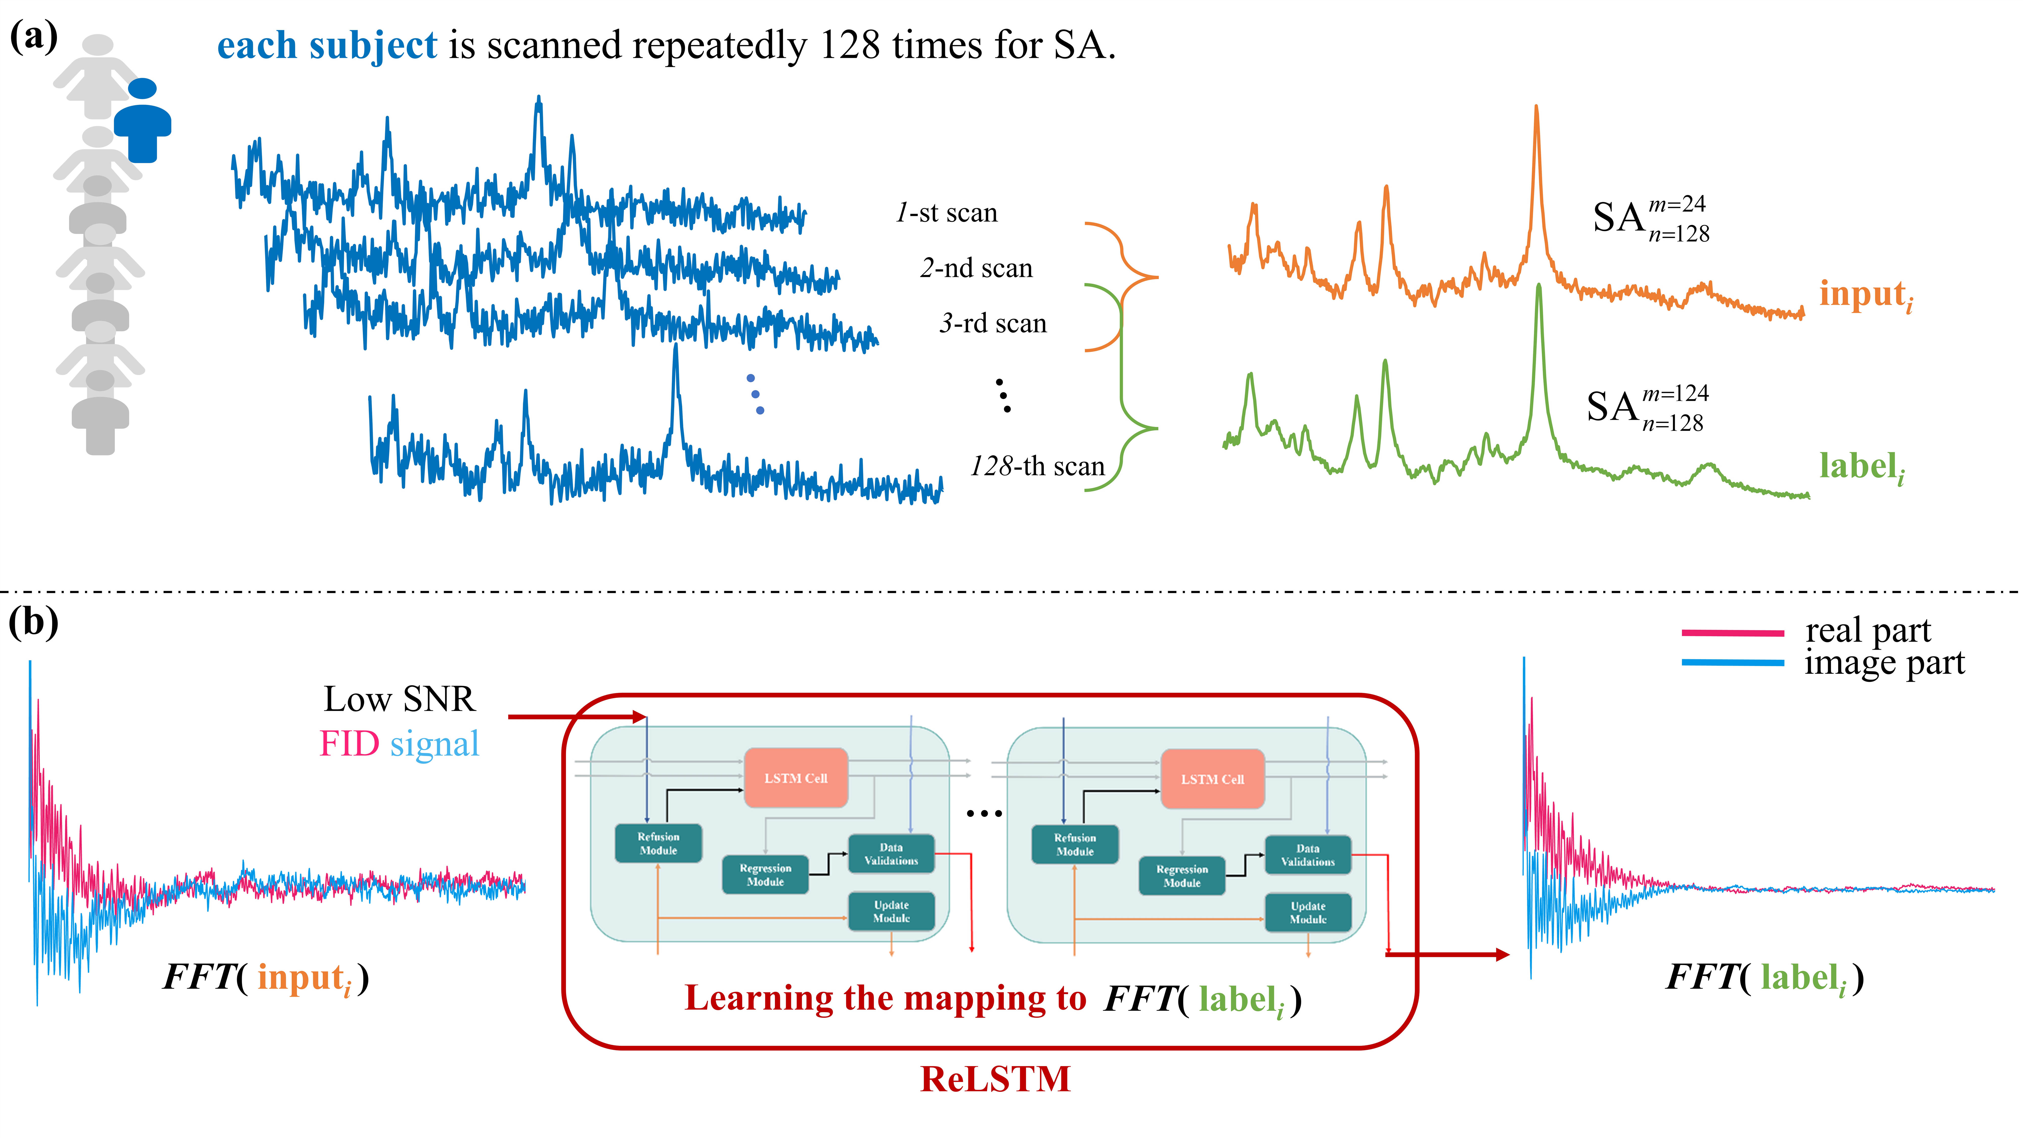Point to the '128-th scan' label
click(1037, 467)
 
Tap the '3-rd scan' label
click(993, 324)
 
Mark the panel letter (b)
click(33, 623)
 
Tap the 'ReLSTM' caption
click(995, 1079)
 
